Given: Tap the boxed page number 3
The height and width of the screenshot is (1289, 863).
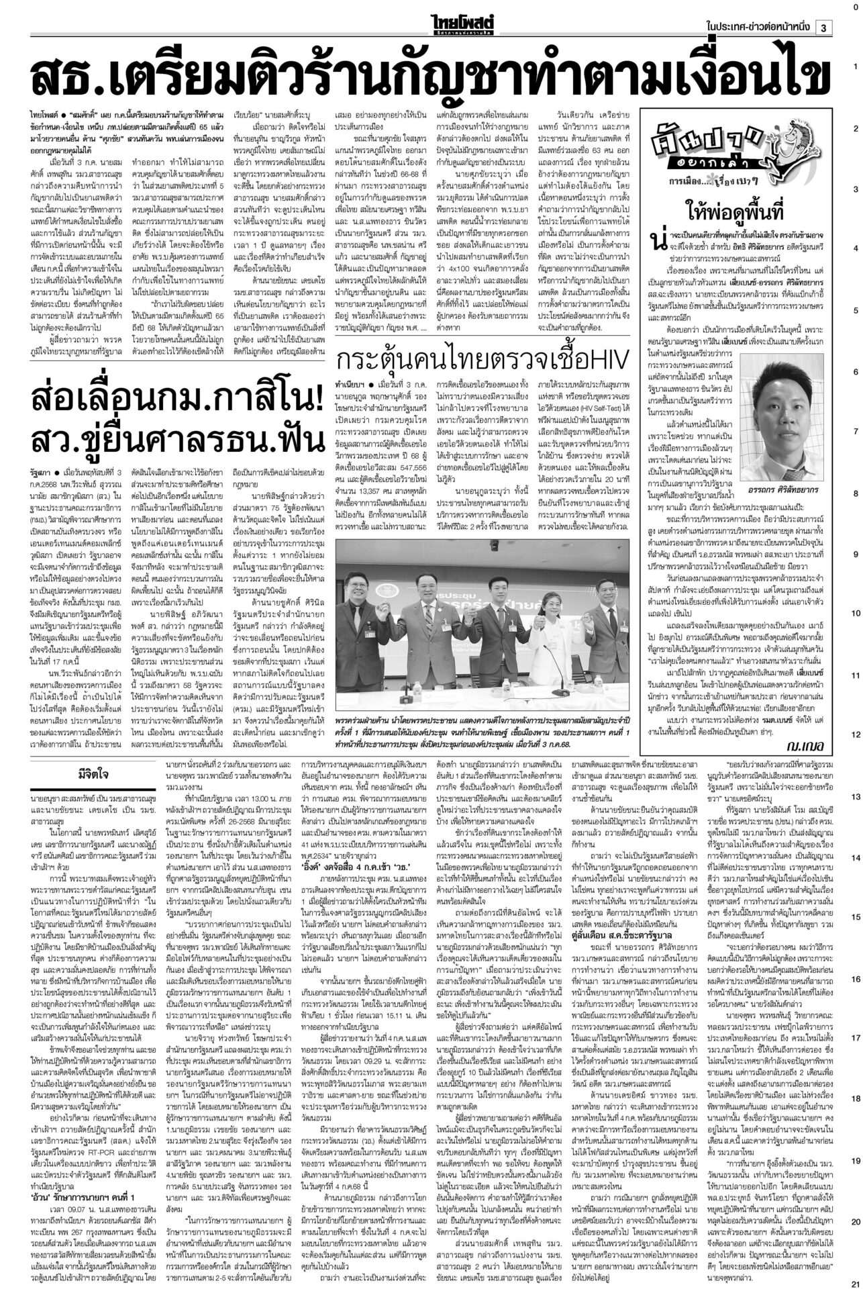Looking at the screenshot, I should coord(824,27).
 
